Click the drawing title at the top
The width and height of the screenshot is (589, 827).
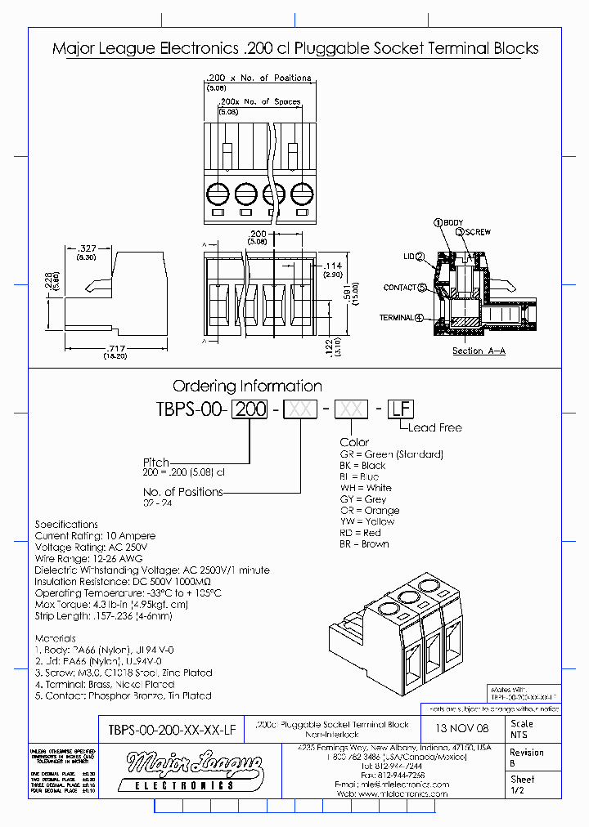tap(294, 48)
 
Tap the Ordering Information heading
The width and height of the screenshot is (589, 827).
tap(247, 386)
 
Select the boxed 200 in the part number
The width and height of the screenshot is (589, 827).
tap(250, 409)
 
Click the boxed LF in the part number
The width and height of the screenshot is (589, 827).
tap(398, 409)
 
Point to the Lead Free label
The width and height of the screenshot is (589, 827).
tap(434, 427)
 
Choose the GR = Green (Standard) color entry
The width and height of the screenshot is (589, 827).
tap(391, 454)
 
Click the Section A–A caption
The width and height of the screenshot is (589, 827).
tap(479, 351)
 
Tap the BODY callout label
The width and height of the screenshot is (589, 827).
tap(452, 223)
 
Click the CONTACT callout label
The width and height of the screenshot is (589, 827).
tap(399, 288)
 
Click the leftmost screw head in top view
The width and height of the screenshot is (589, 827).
tap(218, 194)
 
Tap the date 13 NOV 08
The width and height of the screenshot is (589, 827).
tap(463, 728)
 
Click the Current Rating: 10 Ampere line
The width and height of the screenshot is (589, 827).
tap(95, 536)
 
